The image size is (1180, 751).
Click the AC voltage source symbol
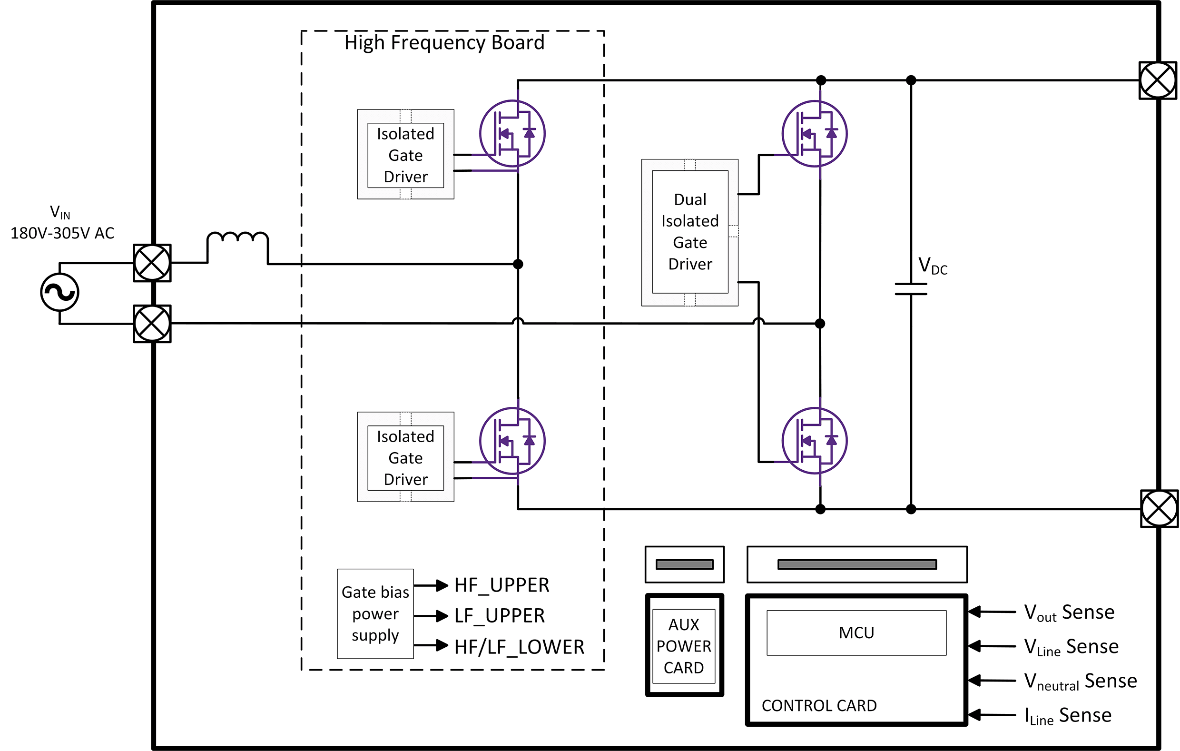59,293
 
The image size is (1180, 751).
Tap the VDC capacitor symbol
911,289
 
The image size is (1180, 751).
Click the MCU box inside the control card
856,632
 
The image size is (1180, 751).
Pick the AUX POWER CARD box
684,646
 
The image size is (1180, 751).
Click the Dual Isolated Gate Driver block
689,232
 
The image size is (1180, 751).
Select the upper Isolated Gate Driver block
405,155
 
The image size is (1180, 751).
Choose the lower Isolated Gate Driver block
405,457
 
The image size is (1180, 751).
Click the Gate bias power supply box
375,614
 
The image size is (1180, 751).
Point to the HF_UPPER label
501,585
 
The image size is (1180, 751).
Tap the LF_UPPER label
499,616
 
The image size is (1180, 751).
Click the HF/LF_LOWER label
519,647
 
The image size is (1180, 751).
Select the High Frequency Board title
444,43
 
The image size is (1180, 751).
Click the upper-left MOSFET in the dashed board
512,133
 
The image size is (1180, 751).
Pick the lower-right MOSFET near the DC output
815,440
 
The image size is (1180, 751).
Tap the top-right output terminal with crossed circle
1158,80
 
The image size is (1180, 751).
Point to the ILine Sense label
1068,715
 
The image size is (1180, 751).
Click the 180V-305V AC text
62,233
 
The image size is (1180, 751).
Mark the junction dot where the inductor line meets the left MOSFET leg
518,264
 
